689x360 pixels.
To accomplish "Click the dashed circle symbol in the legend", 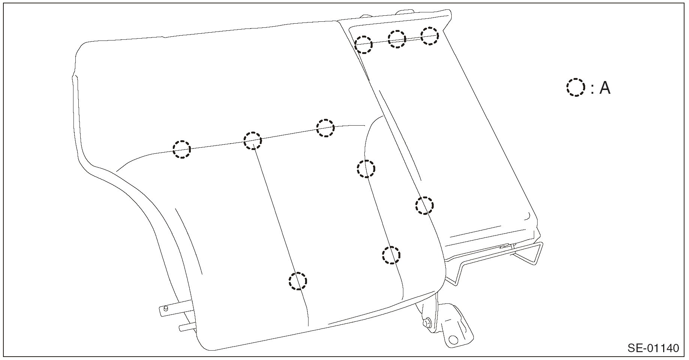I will click(575, 87).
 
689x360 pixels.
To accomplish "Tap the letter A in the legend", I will click(605, 88).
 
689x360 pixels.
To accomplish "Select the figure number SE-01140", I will click(653, 348).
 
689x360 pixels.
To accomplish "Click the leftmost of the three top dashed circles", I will click(363, 44).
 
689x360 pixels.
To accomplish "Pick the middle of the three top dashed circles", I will click(397, 39).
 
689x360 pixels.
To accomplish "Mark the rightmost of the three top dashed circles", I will click(429, 36).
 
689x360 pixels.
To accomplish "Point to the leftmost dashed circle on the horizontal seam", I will click(182, 149).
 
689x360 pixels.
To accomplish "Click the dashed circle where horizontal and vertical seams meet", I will click(253, 141).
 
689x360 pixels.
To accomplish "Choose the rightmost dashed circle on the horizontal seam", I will click(325, 128).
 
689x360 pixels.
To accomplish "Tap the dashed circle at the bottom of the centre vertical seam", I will click(298, 280).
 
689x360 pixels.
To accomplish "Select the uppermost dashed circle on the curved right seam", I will click(365, 168).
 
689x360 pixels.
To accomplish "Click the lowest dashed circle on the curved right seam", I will click(391, 255).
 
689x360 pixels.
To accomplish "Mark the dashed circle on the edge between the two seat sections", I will click(424, 205).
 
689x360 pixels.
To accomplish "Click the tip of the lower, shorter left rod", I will click(181, 327).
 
